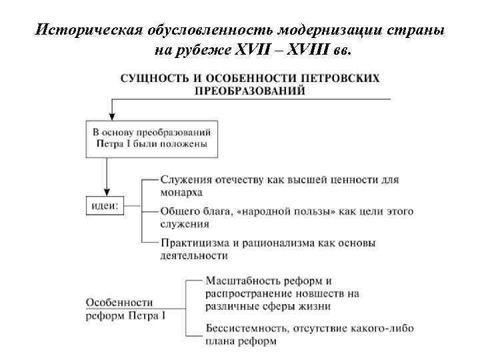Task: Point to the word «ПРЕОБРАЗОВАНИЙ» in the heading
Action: pyautogui.click(x=250, y=91)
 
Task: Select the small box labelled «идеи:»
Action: pyautogui.click(x=104, y=206)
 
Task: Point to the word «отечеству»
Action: pyautogui.click(x=243, y=179)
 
